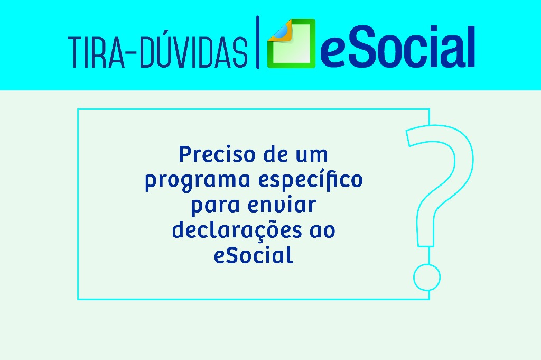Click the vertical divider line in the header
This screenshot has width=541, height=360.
[x=258, y=42]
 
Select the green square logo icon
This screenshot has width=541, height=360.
[x=291, y=44]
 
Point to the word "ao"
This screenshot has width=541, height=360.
[x=322, y=230]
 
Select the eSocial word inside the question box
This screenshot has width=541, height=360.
[x=254, y=256]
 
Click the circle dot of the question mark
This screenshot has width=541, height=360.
[x=426, y=276]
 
